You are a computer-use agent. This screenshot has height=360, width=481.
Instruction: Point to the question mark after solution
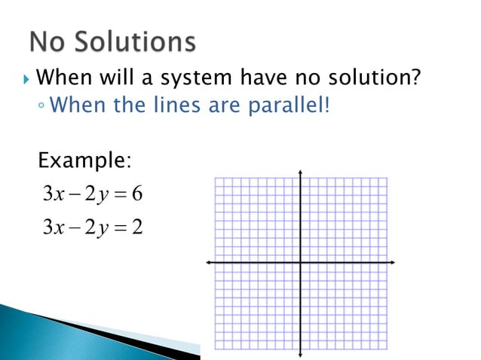(414, 78)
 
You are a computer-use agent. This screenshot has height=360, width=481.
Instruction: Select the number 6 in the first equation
(136, 194)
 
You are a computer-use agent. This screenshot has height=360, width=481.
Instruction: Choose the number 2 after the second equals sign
(136, 225)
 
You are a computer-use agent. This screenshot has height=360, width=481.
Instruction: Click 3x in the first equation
(53, 194)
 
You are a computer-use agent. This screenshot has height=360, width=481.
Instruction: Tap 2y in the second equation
(95, 226)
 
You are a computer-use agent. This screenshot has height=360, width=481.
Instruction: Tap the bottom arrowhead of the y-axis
(301, 353)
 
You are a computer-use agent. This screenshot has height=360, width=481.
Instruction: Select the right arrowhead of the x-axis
(393, 262)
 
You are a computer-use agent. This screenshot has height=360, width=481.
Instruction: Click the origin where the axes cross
(301, 262)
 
